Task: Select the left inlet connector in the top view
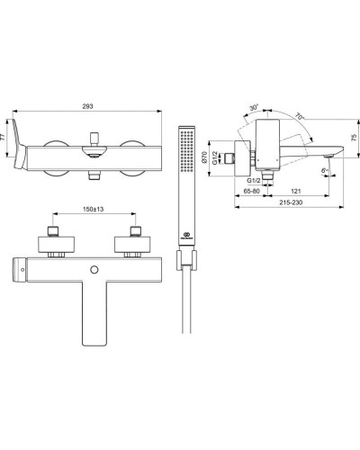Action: tap(50, 244)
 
